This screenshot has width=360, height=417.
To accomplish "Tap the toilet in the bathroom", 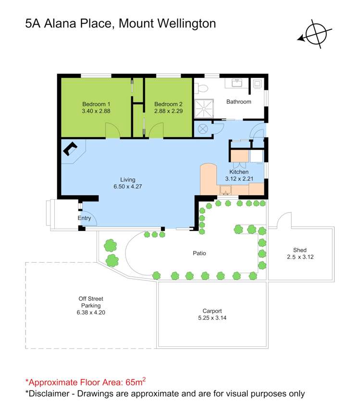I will pyautogui.click(x=201, y=88).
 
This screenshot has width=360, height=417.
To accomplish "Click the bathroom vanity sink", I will pyautogui.click(x=236, y=83).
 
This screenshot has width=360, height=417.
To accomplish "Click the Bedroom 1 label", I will pyautogui.click(x=96, y=104).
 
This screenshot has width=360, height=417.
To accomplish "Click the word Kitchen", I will pyautogui.click(x=239, y=172).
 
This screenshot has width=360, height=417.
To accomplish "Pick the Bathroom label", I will pyautogui.click(x=239, y=101).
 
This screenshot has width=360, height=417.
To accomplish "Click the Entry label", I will pyautogui.click(x=84, y=218).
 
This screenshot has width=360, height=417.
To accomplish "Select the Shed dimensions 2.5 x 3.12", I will pyautogui.click(x=299, y=257).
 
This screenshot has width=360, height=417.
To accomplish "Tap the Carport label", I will pyautogui.click(x=212, y=311).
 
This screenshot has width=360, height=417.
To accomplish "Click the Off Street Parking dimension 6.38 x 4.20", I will pyautogui.click(x=90, y=312).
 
